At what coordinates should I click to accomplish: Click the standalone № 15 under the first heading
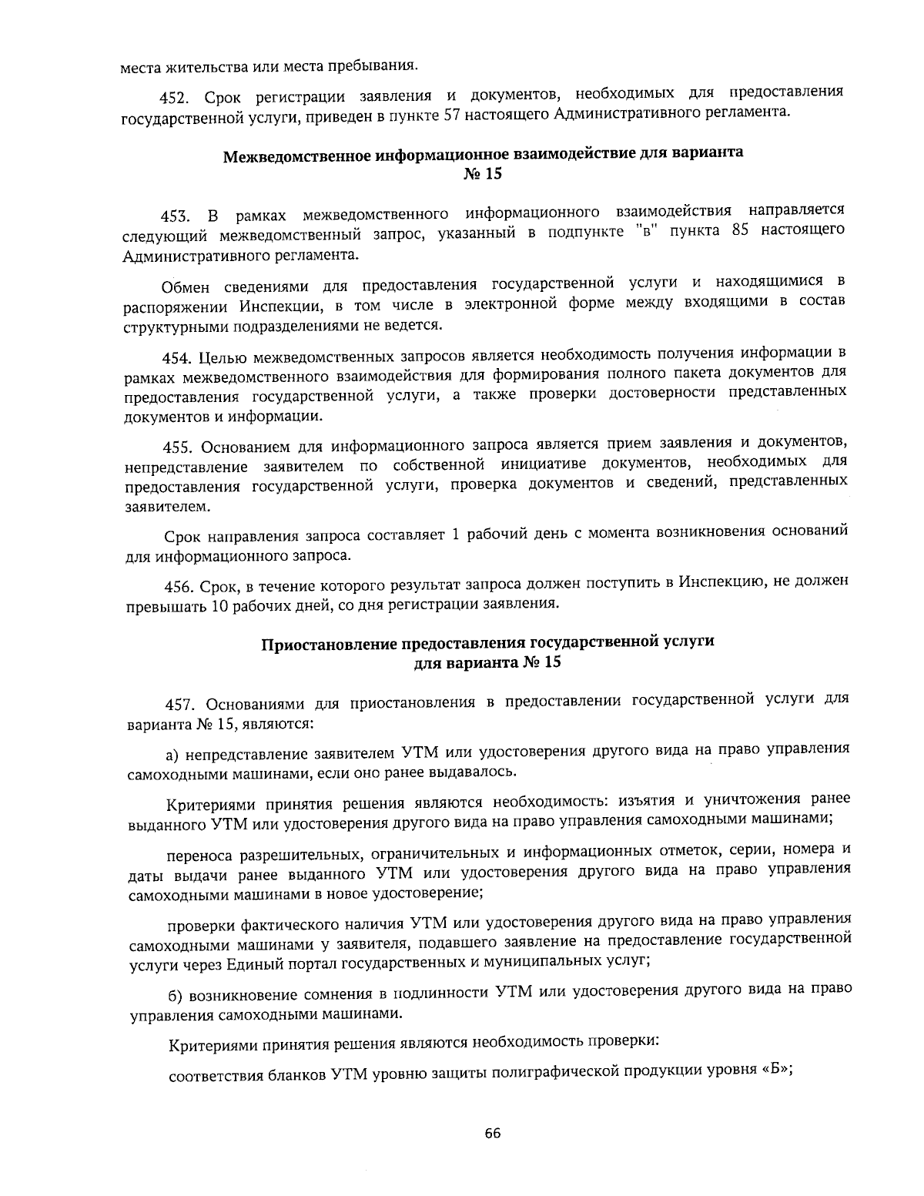click(x=483, y=175)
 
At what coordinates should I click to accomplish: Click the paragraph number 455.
click(x=178, y=447)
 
